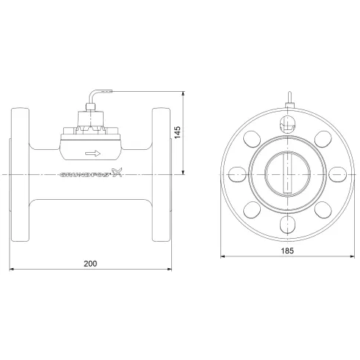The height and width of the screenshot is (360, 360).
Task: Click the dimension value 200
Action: pos(90,263)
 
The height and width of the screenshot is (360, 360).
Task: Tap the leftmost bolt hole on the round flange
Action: pos(237,174)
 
